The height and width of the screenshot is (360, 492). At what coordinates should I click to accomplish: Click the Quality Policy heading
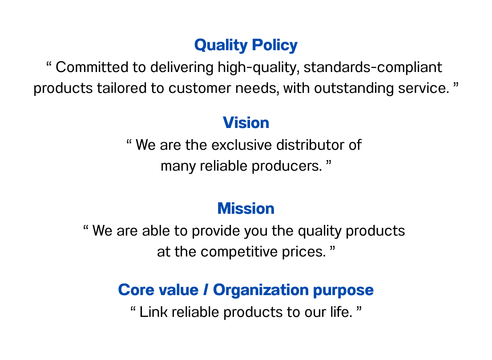(246, 45)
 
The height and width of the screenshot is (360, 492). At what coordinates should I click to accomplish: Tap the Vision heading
(246, 123)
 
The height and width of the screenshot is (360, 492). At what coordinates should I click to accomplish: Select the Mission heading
(246, 208)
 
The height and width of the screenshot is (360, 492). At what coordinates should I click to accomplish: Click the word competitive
(239, 252)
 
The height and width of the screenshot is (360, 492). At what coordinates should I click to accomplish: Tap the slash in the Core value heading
(206, 290)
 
